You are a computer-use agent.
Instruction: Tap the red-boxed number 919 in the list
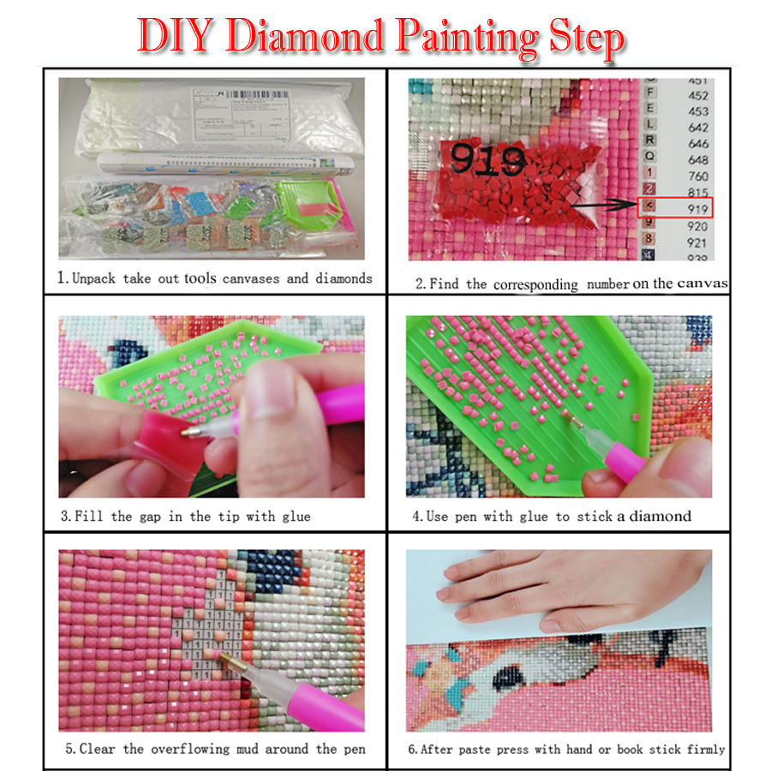coord(697,208)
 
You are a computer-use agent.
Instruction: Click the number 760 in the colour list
coord(697,176)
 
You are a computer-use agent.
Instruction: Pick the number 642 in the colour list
coord(697,128)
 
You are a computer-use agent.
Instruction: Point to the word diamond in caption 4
coord(660,516)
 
